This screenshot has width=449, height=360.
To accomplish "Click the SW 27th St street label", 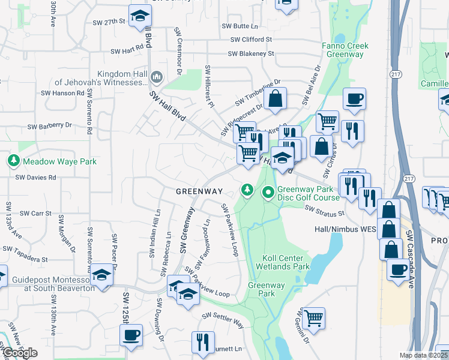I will [109, 21].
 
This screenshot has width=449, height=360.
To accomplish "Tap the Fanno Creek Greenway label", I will [345, 50].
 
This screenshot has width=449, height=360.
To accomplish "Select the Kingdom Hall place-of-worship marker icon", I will [157, 76].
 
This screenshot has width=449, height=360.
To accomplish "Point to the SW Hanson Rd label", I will [62, 93].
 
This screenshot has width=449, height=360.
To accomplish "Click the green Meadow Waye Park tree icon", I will [13, 161].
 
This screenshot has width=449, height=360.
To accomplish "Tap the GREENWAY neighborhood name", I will [199, 191].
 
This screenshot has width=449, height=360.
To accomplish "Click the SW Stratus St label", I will [324, 211].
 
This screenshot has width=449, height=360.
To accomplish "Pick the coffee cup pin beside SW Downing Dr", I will [132, 335].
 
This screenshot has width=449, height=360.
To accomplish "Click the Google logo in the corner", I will [19, 353].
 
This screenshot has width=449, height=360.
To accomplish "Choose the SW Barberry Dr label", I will [50, 126].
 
